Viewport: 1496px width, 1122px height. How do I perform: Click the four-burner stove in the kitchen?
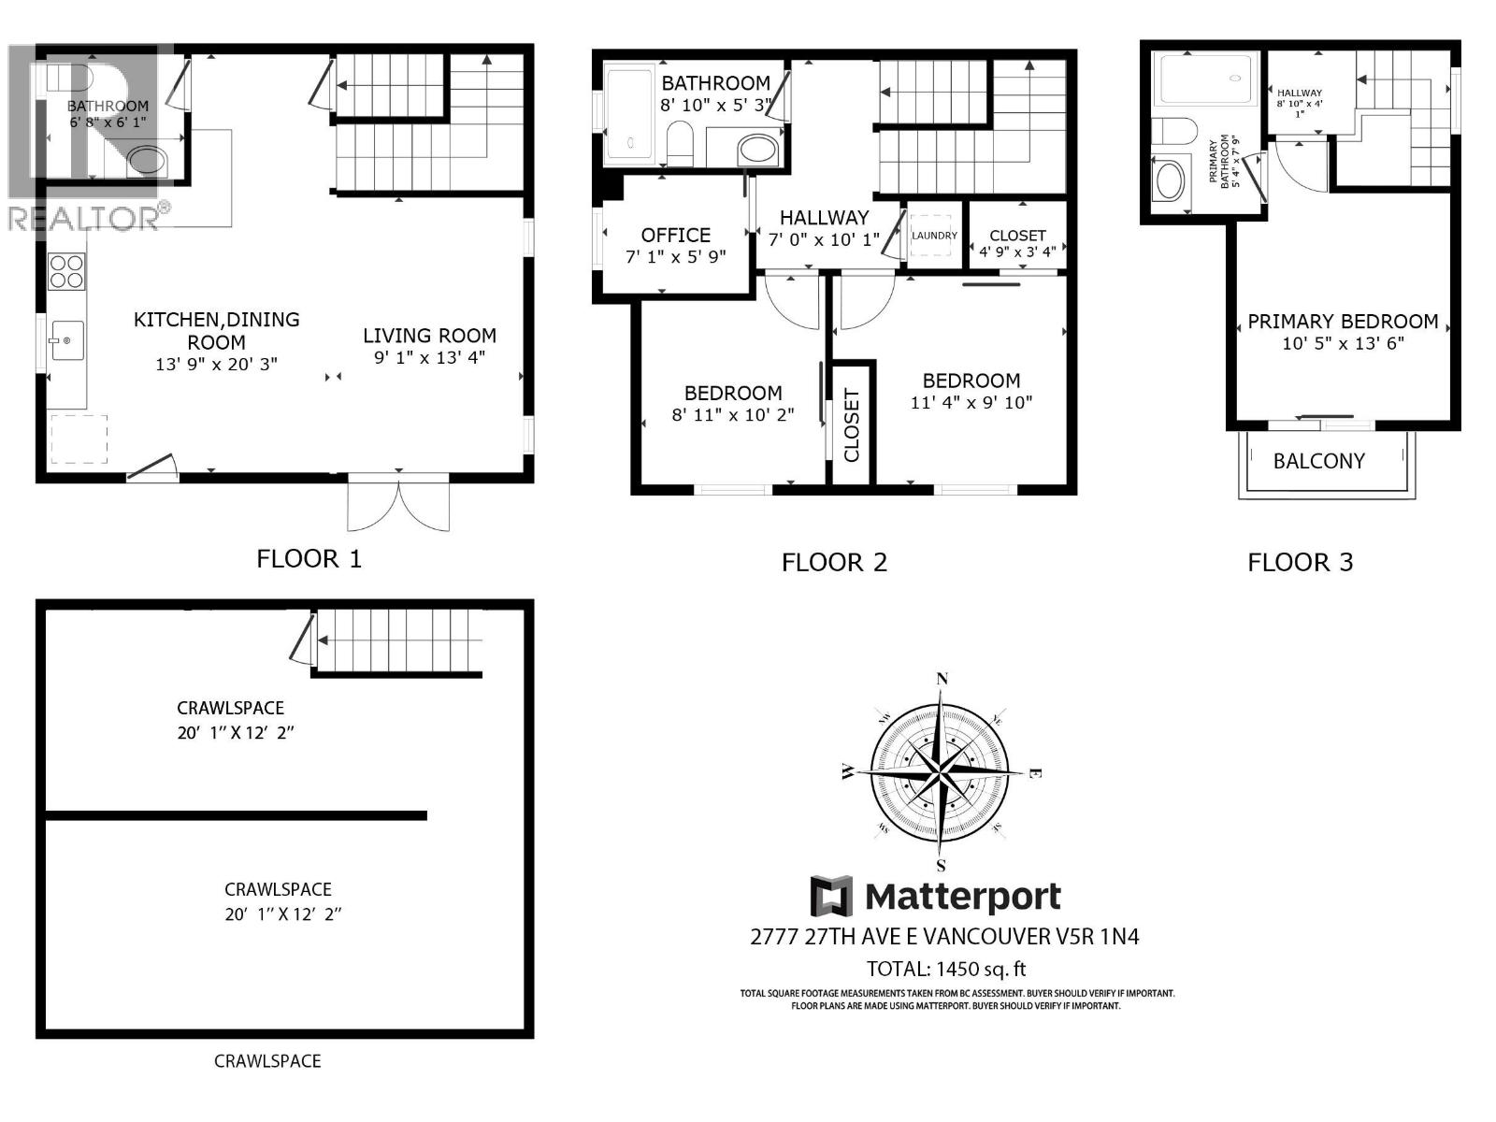66,271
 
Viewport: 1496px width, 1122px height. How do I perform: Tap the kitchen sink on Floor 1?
66,340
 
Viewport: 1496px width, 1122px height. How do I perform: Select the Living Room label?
429,336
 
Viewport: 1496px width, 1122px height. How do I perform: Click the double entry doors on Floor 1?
398,505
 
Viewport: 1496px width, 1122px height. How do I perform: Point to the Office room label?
676,236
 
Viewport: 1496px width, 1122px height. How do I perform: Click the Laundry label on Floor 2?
934,236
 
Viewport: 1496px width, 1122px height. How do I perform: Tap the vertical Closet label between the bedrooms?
852,425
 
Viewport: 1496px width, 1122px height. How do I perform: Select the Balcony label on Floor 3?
1318,461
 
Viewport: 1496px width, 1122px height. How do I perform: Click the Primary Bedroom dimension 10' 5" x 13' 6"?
1343,343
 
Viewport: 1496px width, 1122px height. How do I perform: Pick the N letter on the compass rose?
942,679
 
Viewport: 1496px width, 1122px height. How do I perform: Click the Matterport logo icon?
831,897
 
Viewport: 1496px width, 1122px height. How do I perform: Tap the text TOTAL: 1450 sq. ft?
946,969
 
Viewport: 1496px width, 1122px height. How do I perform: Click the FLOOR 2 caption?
834,563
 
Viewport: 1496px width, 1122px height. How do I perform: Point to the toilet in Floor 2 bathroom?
680,145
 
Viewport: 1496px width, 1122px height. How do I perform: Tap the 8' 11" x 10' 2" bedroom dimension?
732,415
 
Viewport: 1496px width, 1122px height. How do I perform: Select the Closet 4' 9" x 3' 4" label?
1017,243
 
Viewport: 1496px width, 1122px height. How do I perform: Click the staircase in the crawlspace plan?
397,640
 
